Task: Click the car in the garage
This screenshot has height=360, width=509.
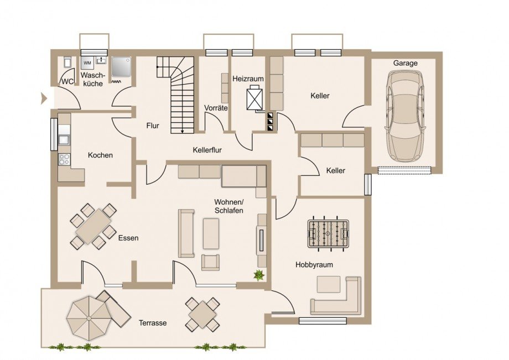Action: pyautogui.click(x=405, y=116)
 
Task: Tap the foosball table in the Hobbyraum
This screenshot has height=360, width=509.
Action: pyautogui.click(x=328, y=234)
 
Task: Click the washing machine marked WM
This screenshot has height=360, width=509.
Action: pyautogui.click(x=87, y=62)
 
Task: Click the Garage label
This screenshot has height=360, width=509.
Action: pyautogui.click(x=406, y=63)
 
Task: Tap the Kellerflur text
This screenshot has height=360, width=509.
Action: pyautogui.click(x=207, y=150)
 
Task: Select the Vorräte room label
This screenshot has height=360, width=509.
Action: pyautogui.click(x=216, y=108)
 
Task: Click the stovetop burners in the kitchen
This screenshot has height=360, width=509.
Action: pyautogui.click(x=64, y=159)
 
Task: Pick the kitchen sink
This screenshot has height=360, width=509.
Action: pyautogui.click(x=64, y=139)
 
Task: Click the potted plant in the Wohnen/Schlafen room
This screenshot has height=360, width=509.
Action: pyautogui.click(x=259, y=275)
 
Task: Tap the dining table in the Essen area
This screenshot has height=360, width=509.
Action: pyautogui.click(x=93, y=226)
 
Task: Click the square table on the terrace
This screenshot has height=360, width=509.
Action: pyautogui.click(x=202, y=315)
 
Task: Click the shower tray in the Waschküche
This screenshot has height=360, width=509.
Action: pyautogui.click(x=121, y=67)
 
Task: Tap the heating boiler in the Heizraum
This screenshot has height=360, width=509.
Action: pyautogui.click(x=254, y=98)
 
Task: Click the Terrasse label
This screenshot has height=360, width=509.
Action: pyautogui.click(x=153, y=323)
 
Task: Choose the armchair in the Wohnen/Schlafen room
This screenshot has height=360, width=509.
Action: pyautogui.click(x=210, y=262)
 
